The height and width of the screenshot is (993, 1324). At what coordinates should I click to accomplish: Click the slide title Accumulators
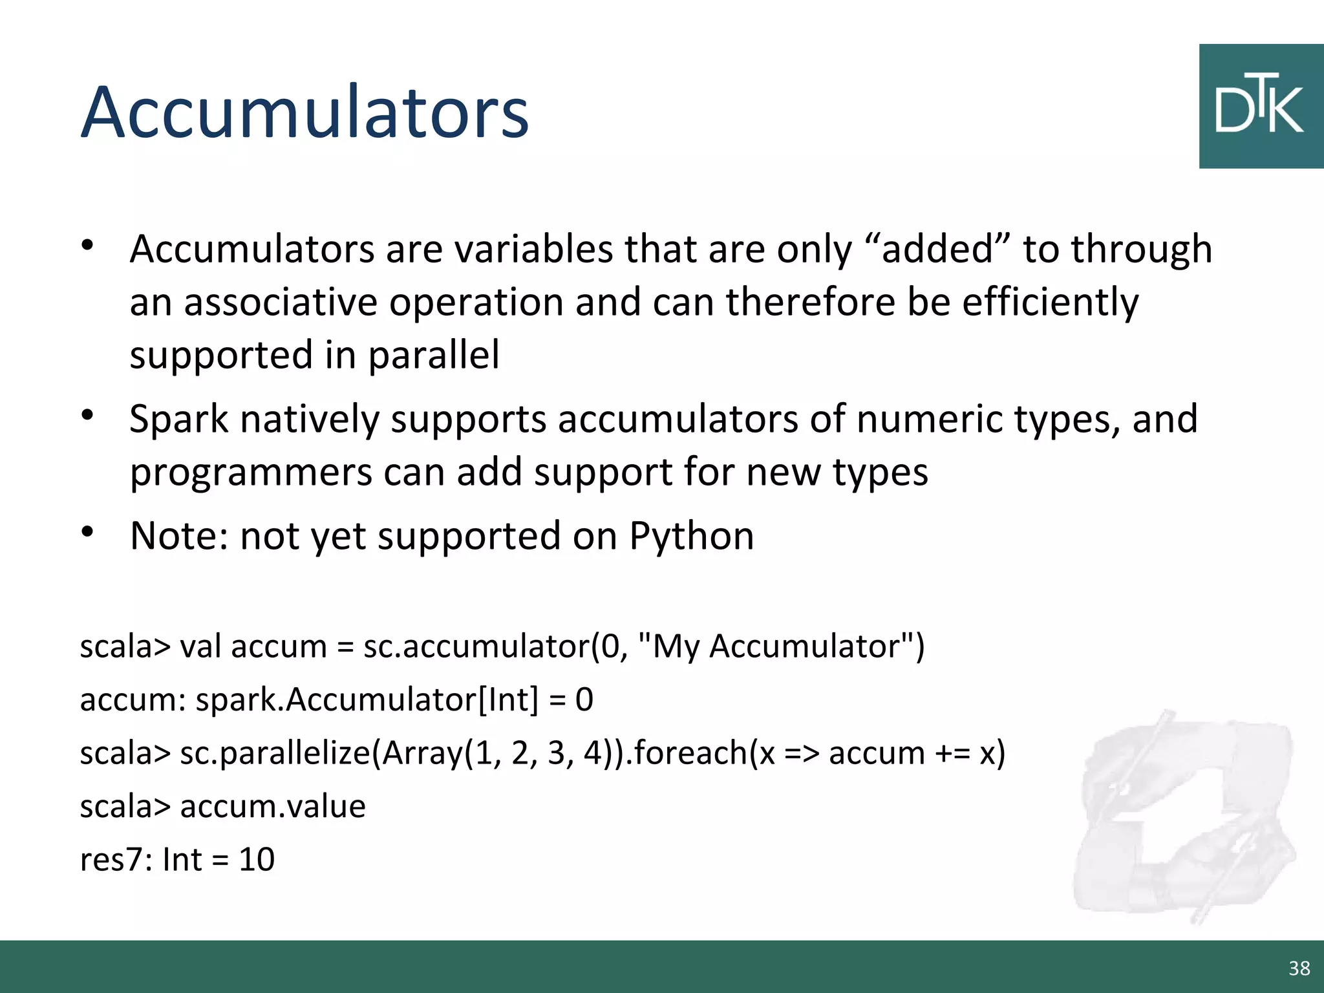pos(304,112)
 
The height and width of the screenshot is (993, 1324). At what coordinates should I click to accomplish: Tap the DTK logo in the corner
pos(1261,107)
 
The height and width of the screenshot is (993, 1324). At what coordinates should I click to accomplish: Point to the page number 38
pos(1299,968)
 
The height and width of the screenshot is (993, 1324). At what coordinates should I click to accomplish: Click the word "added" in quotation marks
pos(937,249)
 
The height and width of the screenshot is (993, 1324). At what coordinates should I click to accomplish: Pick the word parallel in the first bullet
pos(434,356)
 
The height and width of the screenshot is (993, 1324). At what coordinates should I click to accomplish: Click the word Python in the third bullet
pos(692,536)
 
